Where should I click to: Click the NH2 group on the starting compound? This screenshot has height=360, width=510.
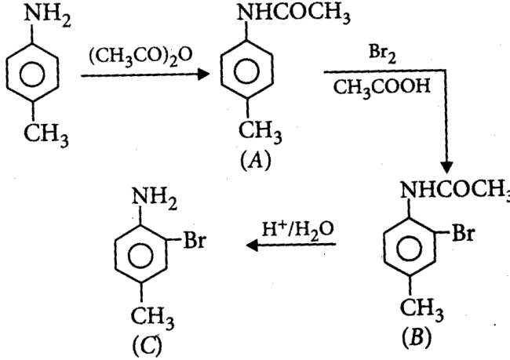pyautogui.click(x=48, y=15)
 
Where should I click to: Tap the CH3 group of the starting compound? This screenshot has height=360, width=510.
pyautogui.click(x=46, y=135)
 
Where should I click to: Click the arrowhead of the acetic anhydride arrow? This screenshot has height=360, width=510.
pyautogui.click(x=203, y=75)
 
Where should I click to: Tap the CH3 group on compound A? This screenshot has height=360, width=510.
pyautogui.click(x=260, y=133)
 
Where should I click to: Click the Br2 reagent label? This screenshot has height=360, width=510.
pyautogui.click(x=383, y=53)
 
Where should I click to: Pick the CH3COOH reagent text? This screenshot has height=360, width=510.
pyautogui.click(x=382, y=88)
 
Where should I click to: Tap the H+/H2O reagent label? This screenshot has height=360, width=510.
pyautogui.click(x=297, y=230)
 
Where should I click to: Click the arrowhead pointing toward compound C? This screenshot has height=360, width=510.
pyautogui.click(x=253, y=245)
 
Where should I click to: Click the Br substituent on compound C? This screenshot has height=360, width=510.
pyautogui.click(x=195, y=241)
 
